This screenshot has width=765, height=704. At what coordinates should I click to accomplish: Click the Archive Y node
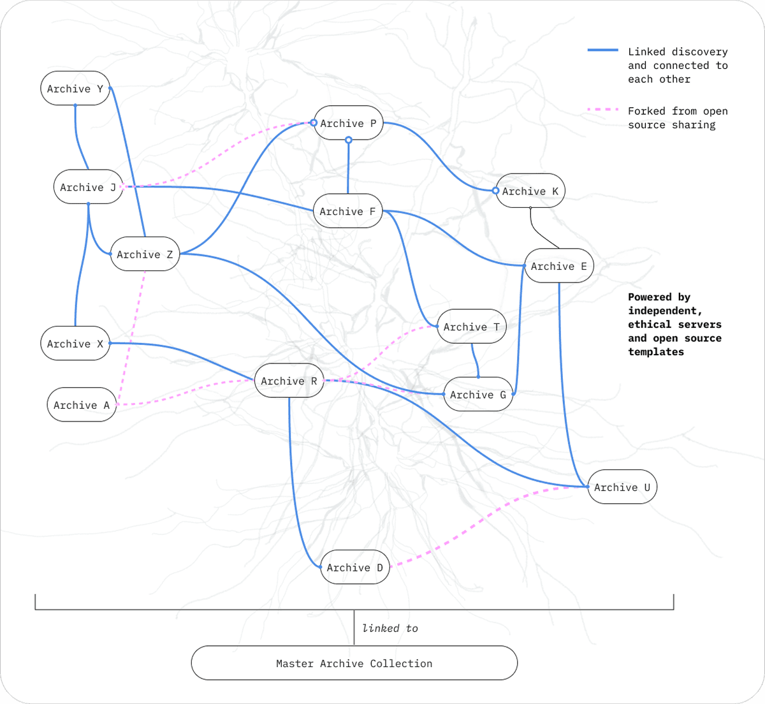[x=75, y=89]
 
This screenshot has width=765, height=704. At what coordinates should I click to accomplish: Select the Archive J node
[x=88, y=187]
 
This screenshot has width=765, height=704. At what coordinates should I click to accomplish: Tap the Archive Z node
[x=145, y=254]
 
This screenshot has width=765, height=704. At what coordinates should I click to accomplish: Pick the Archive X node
[x=75, y=344]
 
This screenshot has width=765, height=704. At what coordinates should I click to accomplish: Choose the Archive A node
[x=82, y=405]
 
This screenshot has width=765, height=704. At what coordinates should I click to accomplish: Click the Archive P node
[x=348, y=123]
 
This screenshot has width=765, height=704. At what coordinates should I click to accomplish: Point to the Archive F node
[x=347, y=211]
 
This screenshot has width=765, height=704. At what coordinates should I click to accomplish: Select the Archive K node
[x=530, y=191]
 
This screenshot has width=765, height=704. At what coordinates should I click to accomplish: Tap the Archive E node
[x=559, y=266]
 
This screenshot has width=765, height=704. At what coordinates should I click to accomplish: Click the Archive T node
[x=472, y=326]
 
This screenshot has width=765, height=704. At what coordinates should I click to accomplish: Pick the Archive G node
[x=478, y=395]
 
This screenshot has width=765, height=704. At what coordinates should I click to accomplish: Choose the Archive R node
[x=289, y=381]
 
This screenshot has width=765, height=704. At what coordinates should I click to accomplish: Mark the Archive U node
[x=622, y=487]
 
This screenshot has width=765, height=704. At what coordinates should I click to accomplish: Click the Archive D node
[x=355, y=568]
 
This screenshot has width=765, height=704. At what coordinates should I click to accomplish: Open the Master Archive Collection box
[x=354, y=663]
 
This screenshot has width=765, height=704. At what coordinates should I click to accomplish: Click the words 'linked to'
[x=390, y=628]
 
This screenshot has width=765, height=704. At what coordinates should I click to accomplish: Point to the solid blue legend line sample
[x=602, y=50]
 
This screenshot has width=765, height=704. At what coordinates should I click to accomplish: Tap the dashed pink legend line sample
[x=602, y=110]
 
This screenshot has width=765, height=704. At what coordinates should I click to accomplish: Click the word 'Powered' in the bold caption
[x=650, y=297]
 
